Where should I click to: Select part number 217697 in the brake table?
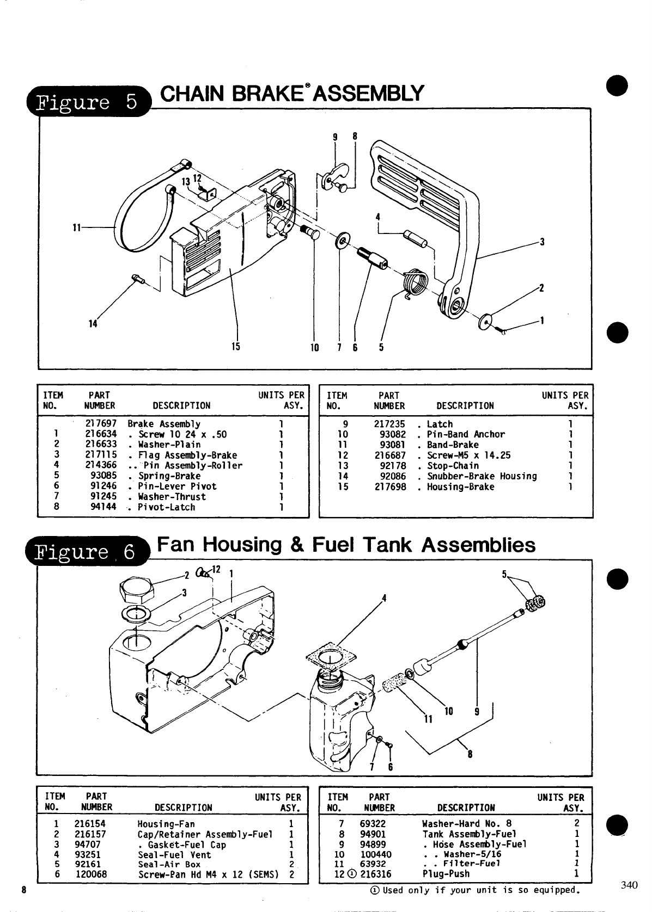(x=101, y=424)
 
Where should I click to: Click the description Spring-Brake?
(x=169, y=476)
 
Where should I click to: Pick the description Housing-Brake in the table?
(x=460, y=487)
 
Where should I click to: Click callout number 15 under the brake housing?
(x=236, y=346)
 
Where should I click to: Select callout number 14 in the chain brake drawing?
(x=93, y=324)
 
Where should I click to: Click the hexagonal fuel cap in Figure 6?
(x=138, y=589)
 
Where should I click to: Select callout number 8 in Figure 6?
(x=470, y=754)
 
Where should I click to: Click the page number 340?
(x=629, y=885)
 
